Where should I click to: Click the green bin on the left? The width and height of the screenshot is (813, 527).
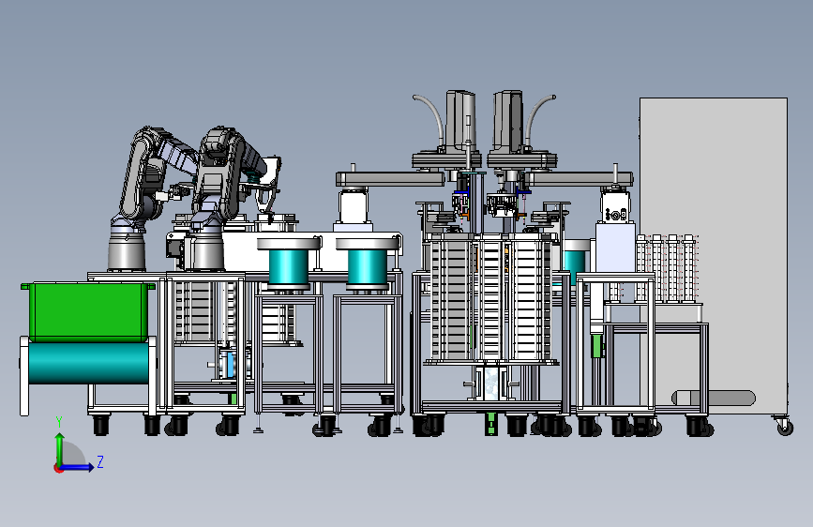(x=88, y=311)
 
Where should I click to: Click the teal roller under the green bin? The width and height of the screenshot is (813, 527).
(x=88, y=363)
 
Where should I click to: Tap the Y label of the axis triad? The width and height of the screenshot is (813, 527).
(x=59, y=422)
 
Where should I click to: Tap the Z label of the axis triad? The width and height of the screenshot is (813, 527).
(x=100, y=461)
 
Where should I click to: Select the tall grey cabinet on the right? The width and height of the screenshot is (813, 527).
(x=714, y=255)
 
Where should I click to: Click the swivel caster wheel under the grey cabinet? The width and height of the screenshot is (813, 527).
(x=785, y=426)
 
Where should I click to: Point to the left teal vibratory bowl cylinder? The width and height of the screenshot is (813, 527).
(x=289, y=267)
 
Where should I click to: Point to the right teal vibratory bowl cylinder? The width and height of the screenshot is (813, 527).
(x=367, y=267)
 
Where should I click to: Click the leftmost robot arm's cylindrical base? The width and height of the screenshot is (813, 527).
(x=127, y=250)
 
